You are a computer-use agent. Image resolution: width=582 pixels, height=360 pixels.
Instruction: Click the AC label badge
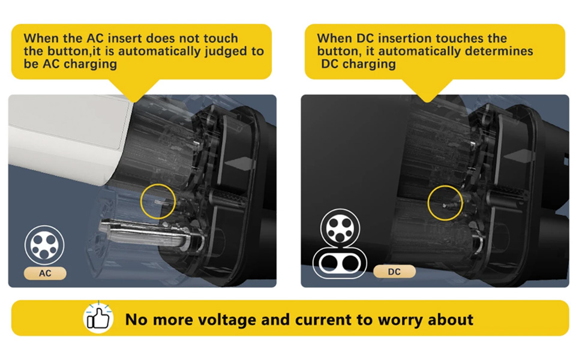coord(45,273)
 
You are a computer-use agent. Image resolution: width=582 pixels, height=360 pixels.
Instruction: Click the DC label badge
coord(394,272)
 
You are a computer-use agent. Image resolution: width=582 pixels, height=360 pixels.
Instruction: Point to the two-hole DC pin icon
coord(339,263)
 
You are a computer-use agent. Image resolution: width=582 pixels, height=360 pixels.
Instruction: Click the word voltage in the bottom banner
coord(220,319)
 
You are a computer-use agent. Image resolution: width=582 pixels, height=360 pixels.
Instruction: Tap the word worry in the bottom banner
coord(401,319)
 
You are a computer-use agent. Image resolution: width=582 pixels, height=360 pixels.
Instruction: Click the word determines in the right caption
coord(499,51)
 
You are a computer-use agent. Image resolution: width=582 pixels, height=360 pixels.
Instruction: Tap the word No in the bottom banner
coord(136,319)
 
